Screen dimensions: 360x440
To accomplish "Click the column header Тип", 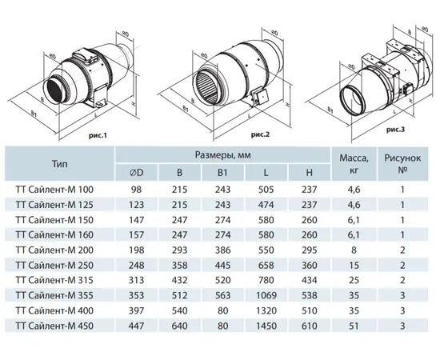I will [58, 163].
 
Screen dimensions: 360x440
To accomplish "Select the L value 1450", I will [265, 325].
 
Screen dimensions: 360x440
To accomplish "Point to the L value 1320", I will [265, 310].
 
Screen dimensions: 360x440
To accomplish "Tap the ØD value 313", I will [137, 279].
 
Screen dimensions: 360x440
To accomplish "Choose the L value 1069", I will [265, 294].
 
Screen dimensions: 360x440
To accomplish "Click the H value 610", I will [308, 325].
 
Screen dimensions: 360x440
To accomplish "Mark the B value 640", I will [179, 325].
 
